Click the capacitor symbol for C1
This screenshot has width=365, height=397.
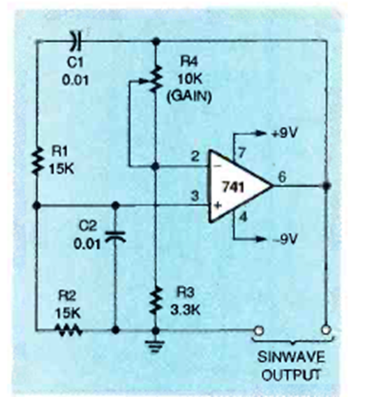coord(77,40)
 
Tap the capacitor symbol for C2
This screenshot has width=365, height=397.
coord(116,236)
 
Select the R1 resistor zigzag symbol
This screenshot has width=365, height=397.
coord(37,161)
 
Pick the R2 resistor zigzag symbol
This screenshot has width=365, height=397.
coord(68,330)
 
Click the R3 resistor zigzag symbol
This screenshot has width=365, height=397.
coord(156,300)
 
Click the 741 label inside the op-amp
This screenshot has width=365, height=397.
coord(233,188)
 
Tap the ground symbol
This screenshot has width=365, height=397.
coord(155,346)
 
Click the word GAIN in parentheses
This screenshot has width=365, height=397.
coord(189,96)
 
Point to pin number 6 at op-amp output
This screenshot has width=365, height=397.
coord(283,177)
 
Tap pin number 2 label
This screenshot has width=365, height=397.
coord(195,156)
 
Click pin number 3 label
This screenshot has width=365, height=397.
coord(195,195)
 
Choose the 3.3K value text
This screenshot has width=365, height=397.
coord(185,310)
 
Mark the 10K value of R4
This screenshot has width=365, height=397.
coord(190,80)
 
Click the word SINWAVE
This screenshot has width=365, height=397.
coord(291,357)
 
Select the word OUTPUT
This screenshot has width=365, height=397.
coord(290,375)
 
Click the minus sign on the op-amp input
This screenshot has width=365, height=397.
coord(218,166)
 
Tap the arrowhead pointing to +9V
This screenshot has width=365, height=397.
coord(260,133)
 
